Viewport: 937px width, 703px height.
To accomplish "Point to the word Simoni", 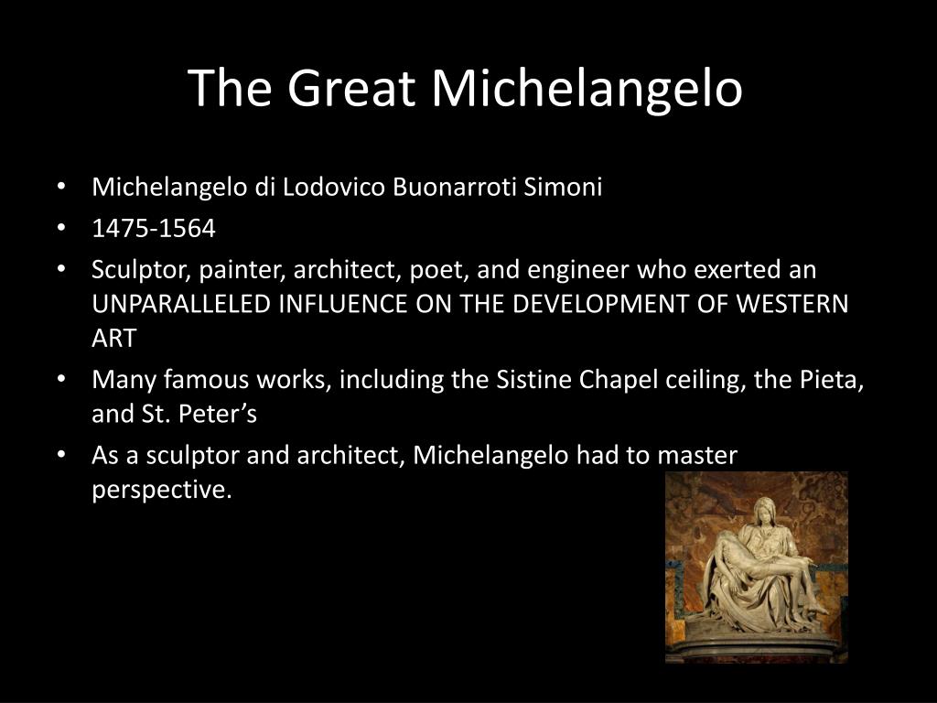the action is (x=563, y=187).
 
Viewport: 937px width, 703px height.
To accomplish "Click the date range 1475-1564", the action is (x=154, y=228).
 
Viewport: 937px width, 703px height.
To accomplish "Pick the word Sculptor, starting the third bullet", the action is (x=141, y=270).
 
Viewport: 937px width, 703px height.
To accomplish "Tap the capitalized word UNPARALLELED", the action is (x=182, y=304).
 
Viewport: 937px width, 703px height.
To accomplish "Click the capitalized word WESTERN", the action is (x=792, y=304).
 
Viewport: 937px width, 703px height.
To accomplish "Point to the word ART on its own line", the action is (x=114, y=339).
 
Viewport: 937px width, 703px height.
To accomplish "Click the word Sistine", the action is (x=534, y=380).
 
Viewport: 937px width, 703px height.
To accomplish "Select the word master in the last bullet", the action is (x=697, y=456).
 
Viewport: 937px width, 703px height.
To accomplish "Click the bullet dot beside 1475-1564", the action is (x=61, y=228).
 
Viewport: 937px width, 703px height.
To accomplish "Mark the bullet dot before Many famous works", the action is (x=61, y=379).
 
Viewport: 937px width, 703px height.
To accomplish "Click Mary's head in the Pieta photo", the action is (x=762, y=510).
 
